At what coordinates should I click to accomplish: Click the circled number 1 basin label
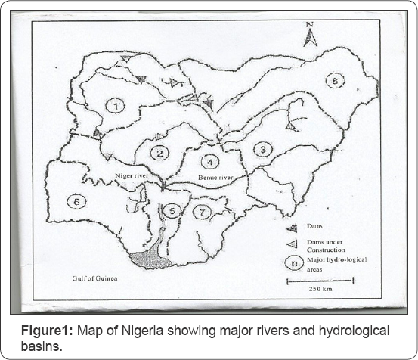[115, 106]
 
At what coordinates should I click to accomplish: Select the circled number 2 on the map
[159, 153]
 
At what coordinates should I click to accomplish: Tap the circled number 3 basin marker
[262, 149]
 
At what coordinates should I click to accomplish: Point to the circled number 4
[210, 160]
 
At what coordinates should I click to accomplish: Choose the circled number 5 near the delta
[172, 210]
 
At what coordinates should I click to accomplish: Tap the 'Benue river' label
[216, 178]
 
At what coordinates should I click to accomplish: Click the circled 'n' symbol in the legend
[291, 262]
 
